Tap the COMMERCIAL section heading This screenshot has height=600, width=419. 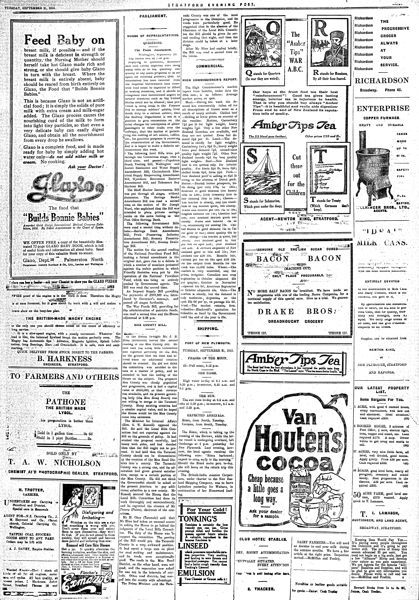point(210,66)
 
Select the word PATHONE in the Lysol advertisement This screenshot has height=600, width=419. point(65,402)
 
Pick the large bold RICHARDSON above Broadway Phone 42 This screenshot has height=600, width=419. point(381,80)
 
